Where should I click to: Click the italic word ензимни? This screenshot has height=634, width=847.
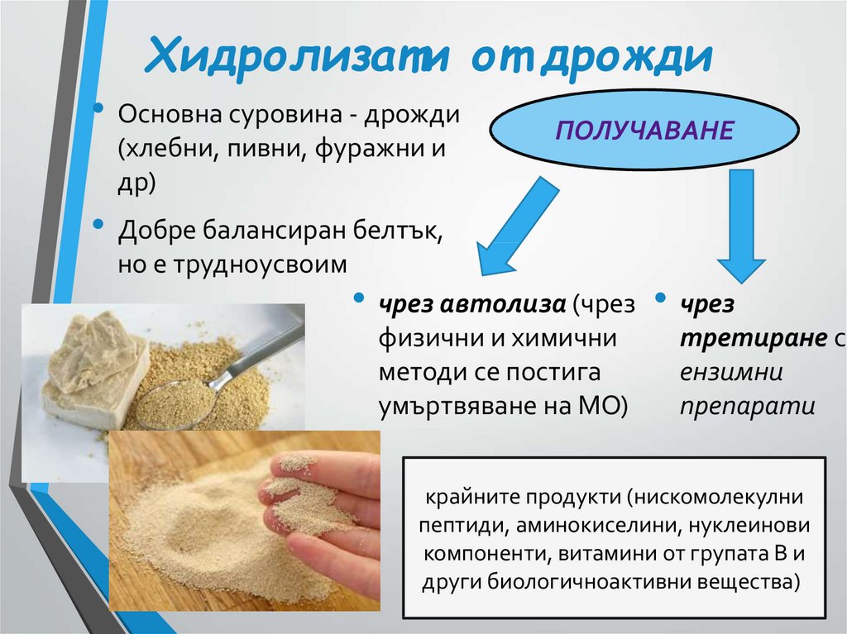[x=732, y=373]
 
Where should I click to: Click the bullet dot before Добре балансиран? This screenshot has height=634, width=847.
[x=99, y=222]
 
